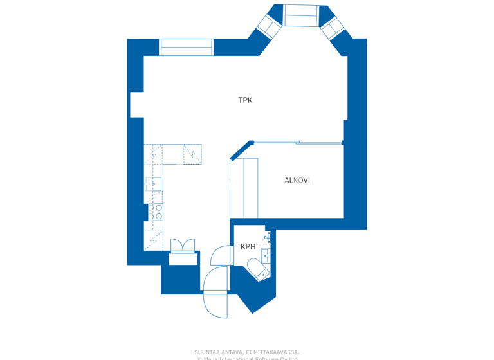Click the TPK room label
pos(245,100)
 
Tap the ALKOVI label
pos(297,181)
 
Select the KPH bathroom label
pos(248,247)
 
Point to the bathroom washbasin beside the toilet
pos(266,256)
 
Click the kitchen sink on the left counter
pos(153,184)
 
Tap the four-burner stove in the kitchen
pos(156,212)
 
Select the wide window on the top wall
pos(186,47)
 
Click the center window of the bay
pos(301,15)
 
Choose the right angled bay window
pos(333,28)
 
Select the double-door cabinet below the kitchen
pos(182,246)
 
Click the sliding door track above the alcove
pos(297,143)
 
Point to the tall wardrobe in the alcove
pos(250,188)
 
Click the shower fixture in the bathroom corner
pos(268,238)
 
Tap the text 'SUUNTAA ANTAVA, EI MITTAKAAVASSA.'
pos(246,352)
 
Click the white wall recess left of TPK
pos(136,105)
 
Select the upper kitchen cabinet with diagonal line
pos(192,154)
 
